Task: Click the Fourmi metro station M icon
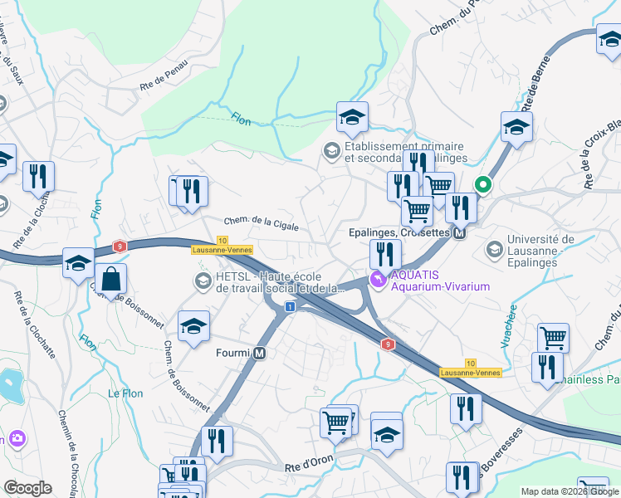(260, 354)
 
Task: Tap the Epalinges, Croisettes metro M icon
(458, 233)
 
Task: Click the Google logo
(27, 488)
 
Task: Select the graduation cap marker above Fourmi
(194, 327)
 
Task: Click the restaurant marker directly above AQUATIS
(384, 253)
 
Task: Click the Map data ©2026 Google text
(569, 491)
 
